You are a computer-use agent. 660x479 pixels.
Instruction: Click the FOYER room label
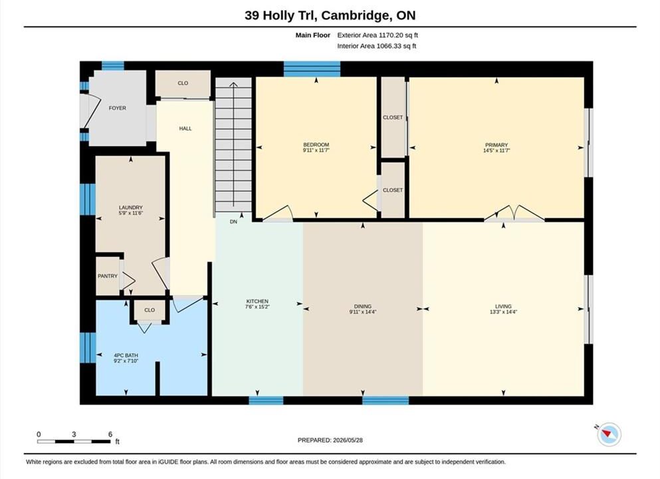click(x=118, y=108)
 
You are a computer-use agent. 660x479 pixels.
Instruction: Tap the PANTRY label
click(x=107, y=276)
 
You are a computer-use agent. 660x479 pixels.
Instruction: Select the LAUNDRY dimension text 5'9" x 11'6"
click(x=130, y=213)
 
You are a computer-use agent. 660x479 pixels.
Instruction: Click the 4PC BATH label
click(x=126, y=355)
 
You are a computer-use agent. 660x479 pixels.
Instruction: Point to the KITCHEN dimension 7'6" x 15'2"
click(x=257, y=307)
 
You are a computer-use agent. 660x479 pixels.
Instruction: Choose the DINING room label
click(x=363, y=306)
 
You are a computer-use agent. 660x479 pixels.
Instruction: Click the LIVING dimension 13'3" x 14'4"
click(x=503, y=312)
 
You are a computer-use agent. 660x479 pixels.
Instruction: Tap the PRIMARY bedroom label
click(x=496, y=145)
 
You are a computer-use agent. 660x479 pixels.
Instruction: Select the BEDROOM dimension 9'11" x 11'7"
click(x=316, y=150)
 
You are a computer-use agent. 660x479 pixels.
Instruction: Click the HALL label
click(x=185, y=128)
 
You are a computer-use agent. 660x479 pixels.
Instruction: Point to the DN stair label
click(x=233, y=222)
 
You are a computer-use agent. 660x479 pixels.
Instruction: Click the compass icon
click(x=609, y=434)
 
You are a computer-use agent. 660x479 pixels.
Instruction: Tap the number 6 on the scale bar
click(x=110, y=434)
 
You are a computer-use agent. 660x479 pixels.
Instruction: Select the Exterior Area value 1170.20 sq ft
click(x=398, y=35)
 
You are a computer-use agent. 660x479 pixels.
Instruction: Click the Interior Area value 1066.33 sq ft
click(x=396, y=46)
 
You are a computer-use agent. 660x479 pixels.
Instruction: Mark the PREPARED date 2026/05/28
click(x=348, y=440)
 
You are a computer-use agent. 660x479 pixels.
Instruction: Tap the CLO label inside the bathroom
click(x=150, y=310)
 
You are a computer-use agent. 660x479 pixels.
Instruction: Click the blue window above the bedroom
click(x=312, y=69)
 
